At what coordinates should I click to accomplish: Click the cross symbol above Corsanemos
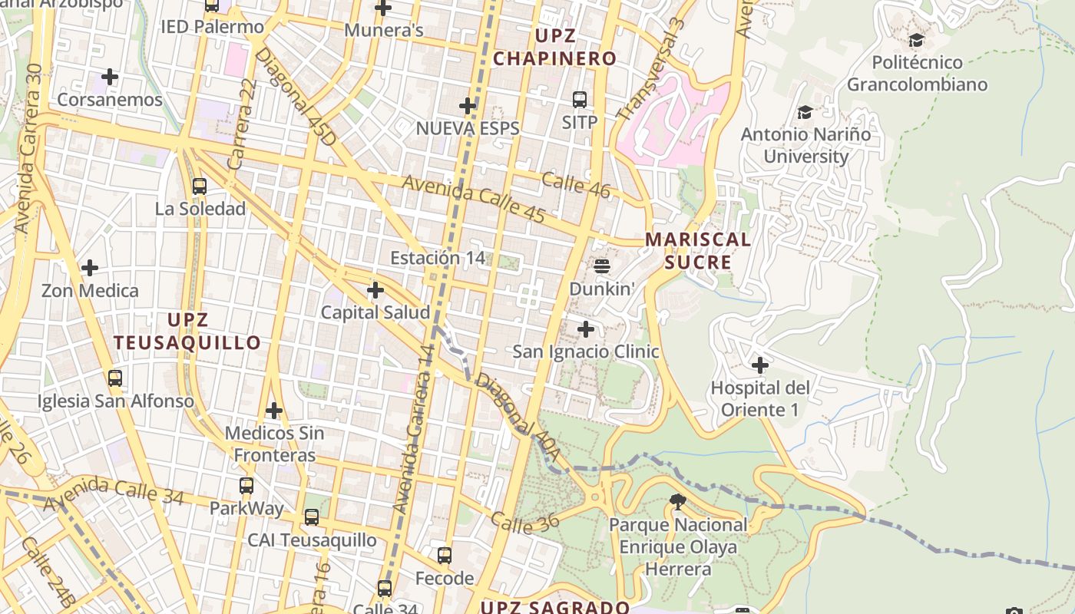[x=110, y=77]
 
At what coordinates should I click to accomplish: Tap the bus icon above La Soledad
[x=200, y=186]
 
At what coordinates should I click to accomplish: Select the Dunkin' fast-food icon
[x=602, y=266]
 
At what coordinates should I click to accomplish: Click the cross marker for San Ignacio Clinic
[x=586, y=329]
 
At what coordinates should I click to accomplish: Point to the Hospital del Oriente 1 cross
[x=760, y=365]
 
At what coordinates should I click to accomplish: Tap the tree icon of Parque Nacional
[x=677, y=503]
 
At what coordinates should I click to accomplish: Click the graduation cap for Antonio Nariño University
[x=805, y=113]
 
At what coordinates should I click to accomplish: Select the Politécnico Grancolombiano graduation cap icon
[x=916, y=41]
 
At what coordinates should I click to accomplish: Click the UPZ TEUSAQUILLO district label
[x=188, y=331]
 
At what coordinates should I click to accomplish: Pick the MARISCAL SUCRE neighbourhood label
[x=697, y=251]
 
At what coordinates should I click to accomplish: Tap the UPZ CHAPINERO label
[x=555, y=47]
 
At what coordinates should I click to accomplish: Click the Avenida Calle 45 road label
[x=473, y=199]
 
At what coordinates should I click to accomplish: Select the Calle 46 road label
[x=576, y=185]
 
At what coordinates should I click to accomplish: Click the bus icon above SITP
[x=580, y=100]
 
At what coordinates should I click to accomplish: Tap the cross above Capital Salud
[x=375, y=290]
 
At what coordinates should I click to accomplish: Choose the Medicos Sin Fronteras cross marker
[x=274, y=411]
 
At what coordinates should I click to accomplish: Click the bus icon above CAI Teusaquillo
[x=312, y=517]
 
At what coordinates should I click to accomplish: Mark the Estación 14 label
[x=438, y=258]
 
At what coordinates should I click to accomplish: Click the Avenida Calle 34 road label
[x=114, y=494]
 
